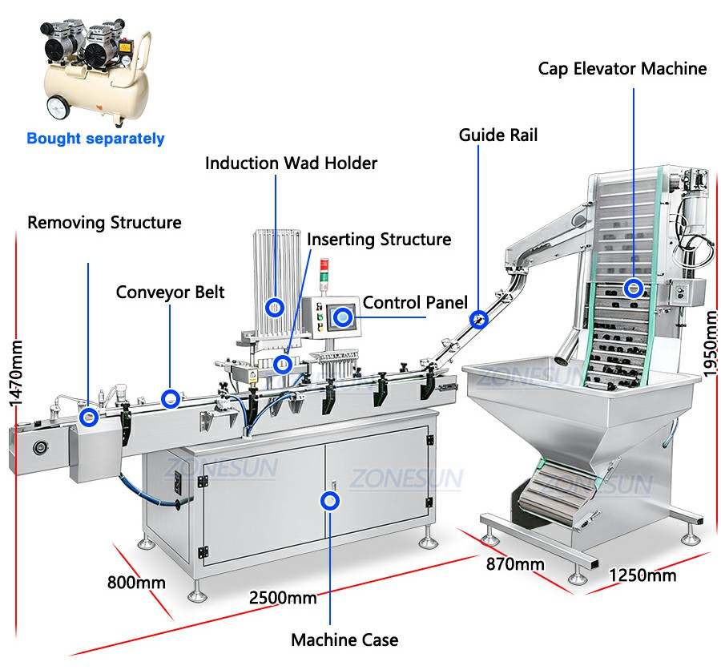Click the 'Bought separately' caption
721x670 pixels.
[95, 139]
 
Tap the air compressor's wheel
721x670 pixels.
[58, 107]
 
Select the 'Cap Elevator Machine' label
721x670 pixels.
[622, 69]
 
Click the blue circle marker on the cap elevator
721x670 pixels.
[633, 289]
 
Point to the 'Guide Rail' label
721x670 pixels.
[498, 135]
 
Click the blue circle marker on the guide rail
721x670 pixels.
[478, 319]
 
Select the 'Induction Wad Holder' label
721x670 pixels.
[291, 163]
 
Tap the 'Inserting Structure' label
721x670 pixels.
[379, 240]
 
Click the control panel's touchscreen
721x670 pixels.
[343, 317]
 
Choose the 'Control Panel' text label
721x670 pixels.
[415, 302]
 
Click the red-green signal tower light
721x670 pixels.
[324, 271]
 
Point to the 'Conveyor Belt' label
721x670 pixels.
[170, 293]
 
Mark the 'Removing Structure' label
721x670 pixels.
[104, 222]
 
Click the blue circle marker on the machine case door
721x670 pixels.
[330, 501]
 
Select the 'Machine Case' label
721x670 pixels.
[344, 640]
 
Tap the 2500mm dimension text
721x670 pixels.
[283, 598]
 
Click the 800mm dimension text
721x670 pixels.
[136, 583]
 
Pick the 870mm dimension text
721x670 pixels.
[515, 564]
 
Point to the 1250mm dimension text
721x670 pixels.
[642, 575]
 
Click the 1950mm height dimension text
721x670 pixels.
[711, 344]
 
